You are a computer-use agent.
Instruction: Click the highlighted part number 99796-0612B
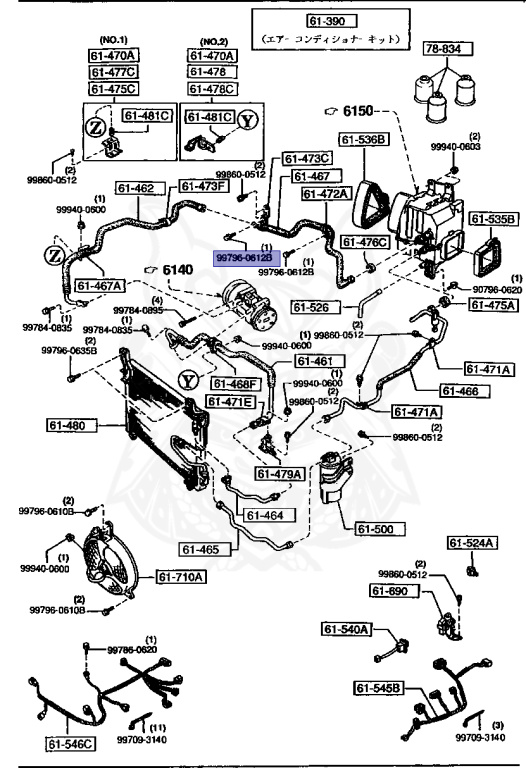244,257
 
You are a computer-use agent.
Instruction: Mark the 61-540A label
346,629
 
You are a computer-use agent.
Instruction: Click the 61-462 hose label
136,187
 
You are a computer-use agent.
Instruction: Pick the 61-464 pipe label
265,516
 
